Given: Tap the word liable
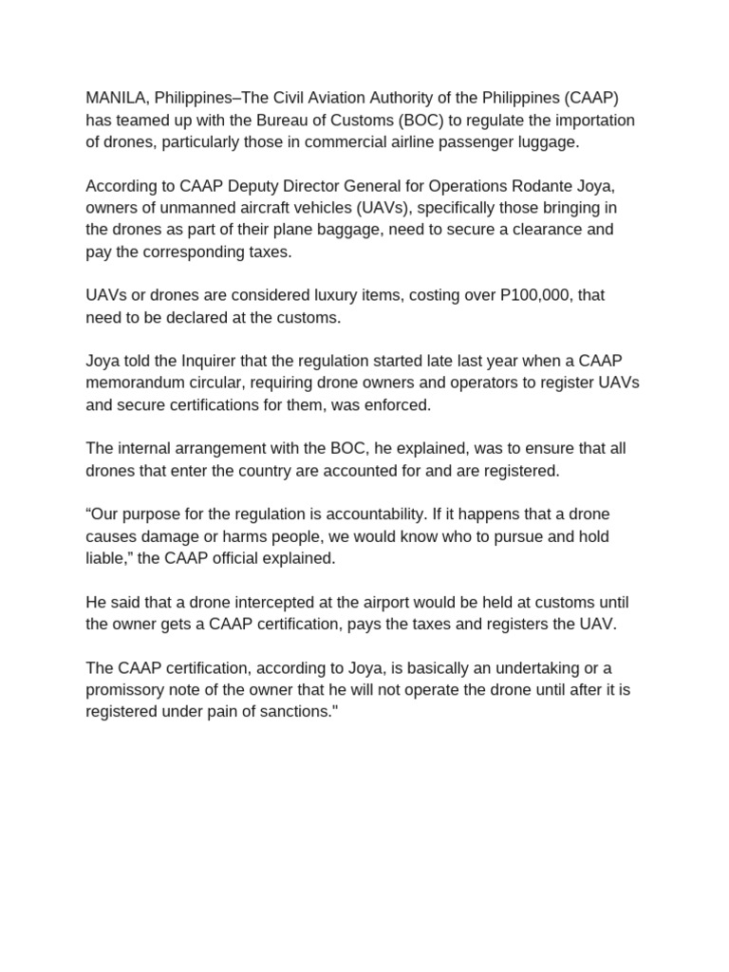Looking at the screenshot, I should click(106, 558).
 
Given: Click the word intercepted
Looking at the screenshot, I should click(247, 603).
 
